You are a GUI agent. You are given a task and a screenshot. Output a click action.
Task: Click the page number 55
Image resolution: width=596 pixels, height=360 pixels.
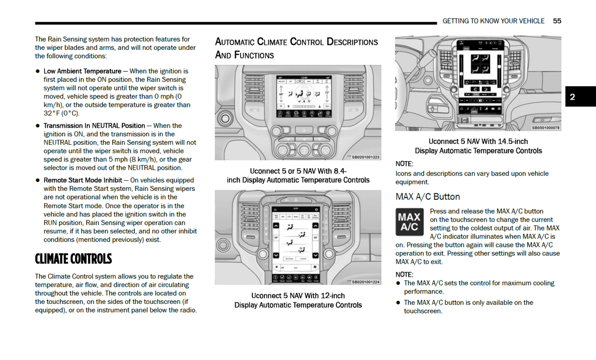(x=557, y=21)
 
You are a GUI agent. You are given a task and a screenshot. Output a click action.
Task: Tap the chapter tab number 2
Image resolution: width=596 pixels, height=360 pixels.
(x=572, y=97)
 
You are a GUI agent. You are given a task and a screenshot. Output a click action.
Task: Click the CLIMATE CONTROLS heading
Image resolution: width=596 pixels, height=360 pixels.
(x=73, y=259)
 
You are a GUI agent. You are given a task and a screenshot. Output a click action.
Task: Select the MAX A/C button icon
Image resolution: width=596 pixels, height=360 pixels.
(x=409, y=222)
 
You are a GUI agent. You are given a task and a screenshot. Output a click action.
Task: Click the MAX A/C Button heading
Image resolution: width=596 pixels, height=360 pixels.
(x=427, y=197)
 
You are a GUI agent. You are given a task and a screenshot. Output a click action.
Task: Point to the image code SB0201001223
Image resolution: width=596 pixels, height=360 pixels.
(x=365, y=157)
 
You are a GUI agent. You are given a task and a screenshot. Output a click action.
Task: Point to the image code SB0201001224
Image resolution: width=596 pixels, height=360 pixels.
(x=365, y=282)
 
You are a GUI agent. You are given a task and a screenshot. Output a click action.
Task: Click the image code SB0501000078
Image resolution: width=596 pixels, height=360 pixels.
(x=545, y=128)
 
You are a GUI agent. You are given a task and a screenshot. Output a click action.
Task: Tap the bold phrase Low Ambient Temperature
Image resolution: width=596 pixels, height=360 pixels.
(x=82, y=71)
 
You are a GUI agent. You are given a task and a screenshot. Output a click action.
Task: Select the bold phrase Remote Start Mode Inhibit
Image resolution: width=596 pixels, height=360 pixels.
(x=83, y=180)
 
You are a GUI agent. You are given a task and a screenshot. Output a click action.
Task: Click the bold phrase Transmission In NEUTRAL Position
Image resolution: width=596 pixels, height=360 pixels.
(x=94, y=126)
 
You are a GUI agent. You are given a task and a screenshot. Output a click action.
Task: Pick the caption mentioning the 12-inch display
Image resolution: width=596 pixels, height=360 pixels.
(x=298, y=300)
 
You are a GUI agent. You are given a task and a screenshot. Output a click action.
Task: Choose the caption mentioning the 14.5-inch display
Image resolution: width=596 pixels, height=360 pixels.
(x=478, y=146)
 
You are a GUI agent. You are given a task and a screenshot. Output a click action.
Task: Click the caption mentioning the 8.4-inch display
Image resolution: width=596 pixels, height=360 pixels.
(x=298, y=176)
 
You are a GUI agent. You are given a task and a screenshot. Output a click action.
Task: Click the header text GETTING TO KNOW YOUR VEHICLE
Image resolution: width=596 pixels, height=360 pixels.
(x=493, y=21)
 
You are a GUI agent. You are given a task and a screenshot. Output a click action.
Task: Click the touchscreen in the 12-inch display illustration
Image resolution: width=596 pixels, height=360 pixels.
(x=296, y=243)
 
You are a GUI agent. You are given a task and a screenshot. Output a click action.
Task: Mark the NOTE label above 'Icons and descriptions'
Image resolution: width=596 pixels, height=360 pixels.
(x=404, y=164)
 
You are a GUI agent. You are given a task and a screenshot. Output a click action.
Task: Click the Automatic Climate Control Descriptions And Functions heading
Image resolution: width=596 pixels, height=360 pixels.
(x=296, y=48)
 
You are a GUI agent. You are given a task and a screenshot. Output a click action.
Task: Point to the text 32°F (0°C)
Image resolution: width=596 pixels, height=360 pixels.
(x=61, y=113)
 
